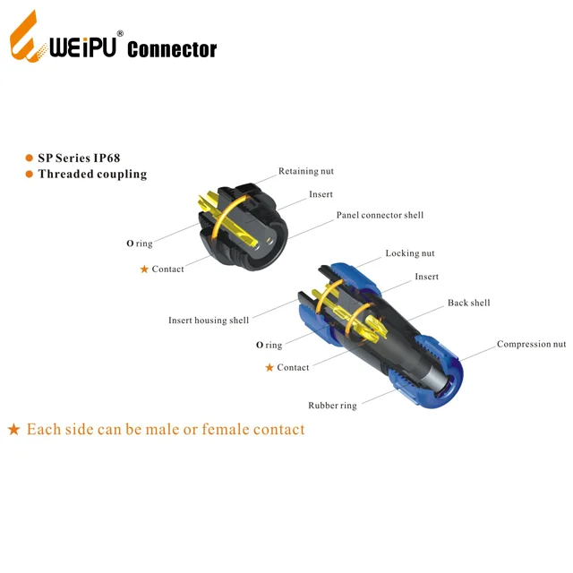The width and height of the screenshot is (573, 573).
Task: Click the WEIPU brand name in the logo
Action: [x=83, y=47]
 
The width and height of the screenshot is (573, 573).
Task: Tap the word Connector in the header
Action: [x=172, y=49]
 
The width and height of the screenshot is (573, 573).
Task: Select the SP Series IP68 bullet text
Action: [x=85, y=158]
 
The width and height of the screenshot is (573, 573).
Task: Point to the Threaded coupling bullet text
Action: [x=92, y=174]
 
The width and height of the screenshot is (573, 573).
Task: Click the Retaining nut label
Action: [x=306, y=171]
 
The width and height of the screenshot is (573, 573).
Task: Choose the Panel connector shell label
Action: [x=380, y=216]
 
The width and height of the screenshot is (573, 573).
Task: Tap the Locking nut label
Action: [x=410, y=254]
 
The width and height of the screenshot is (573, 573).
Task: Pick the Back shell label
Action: [x=468, y=304]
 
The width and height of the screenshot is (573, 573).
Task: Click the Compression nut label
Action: [x=531, y=345]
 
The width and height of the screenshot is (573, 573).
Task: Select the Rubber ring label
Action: [x=332, y=406]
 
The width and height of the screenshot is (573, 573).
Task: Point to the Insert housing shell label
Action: [x=209, y=321]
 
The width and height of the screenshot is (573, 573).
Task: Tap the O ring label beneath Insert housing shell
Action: [x=269, y=345]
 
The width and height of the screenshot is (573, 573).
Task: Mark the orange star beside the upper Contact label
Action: [x=144, y=269]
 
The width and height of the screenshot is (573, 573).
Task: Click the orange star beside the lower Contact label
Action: [x=269, y=368]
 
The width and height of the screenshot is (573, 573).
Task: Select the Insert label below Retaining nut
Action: [x=321, y=194]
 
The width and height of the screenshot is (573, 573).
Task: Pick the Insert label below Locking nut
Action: [x=426, y=278]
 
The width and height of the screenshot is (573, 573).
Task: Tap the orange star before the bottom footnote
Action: [x=13, y=430]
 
